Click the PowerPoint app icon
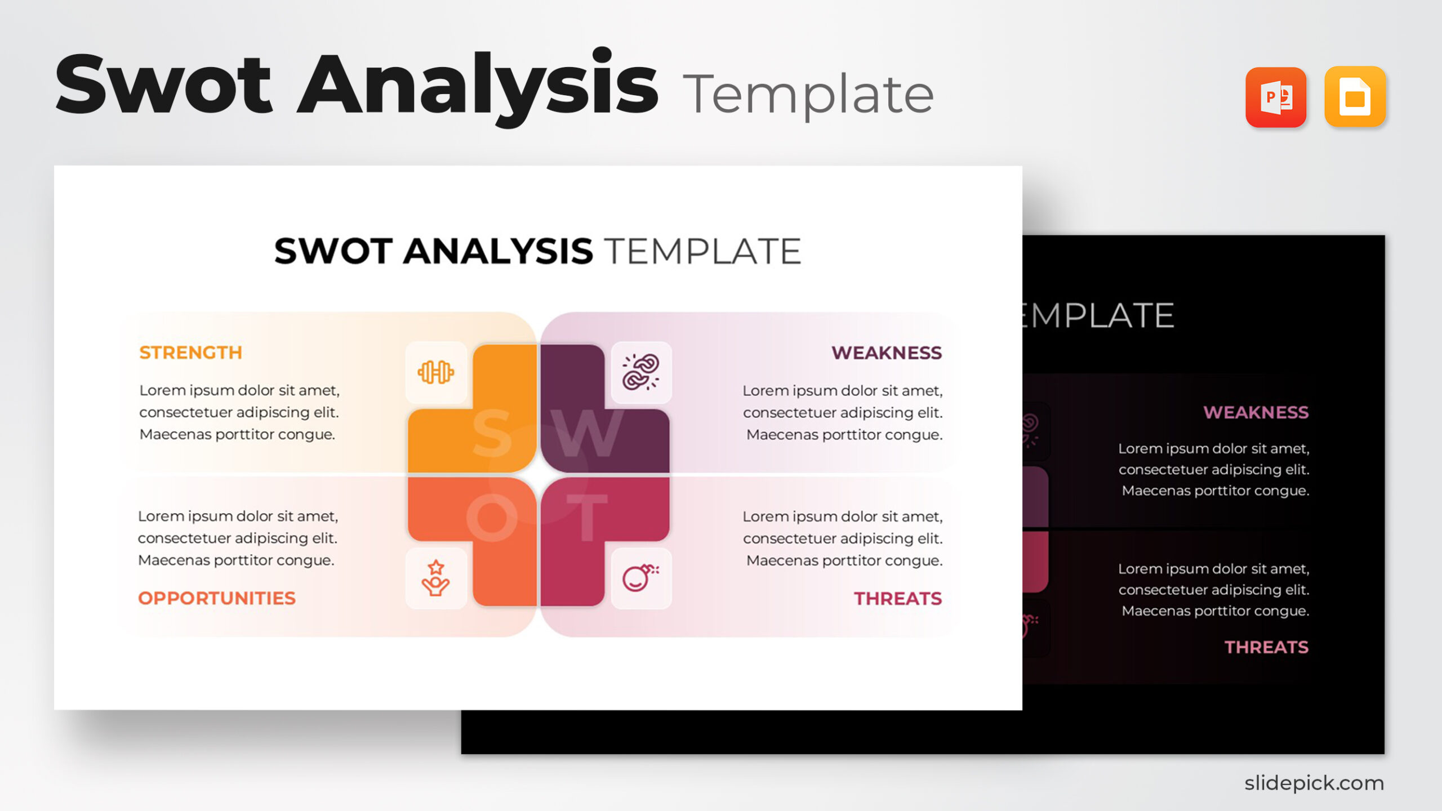pos(1275,97)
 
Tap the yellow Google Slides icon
pos(1355,97)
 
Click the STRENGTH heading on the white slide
pos(190,353)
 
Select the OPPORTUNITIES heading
pos(217,598)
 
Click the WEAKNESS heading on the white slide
pos(886,353)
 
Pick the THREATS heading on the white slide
pos(897,598)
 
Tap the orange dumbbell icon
pos(435,372)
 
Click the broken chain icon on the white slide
pos(640,372)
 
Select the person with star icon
pos(435,578)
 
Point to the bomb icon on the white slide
pos(640,578)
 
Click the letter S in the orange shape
pos(492,434)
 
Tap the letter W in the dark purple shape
pos(587,434)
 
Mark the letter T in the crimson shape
pos(587,517)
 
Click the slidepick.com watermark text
pos(1314,783)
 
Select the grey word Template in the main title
pos(808,95)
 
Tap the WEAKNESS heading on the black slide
pos(1256,412)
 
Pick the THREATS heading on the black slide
pos(1266,647)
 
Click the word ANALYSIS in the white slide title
pos(498,251)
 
